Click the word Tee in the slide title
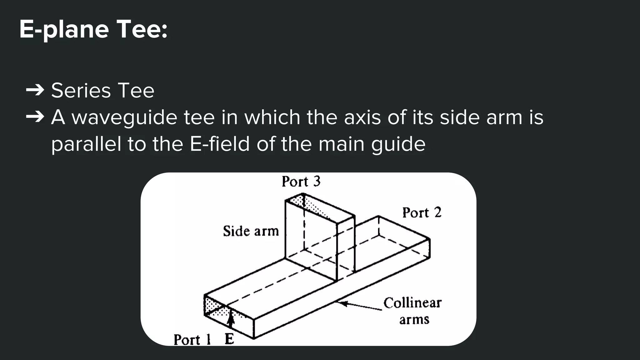141,30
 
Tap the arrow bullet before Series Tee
35,90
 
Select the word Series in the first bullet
81,91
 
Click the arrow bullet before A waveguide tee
35,117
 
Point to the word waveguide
124,118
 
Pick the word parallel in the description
86,144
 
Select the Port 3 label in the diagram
301,182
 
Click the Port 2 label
422,213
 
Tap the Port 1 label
192,340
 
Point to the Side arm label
251,231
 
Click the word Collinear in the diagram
412,303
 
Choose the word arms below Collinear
414,320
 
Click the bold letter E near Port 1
229,339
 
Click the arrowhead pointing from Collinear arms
343,303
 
